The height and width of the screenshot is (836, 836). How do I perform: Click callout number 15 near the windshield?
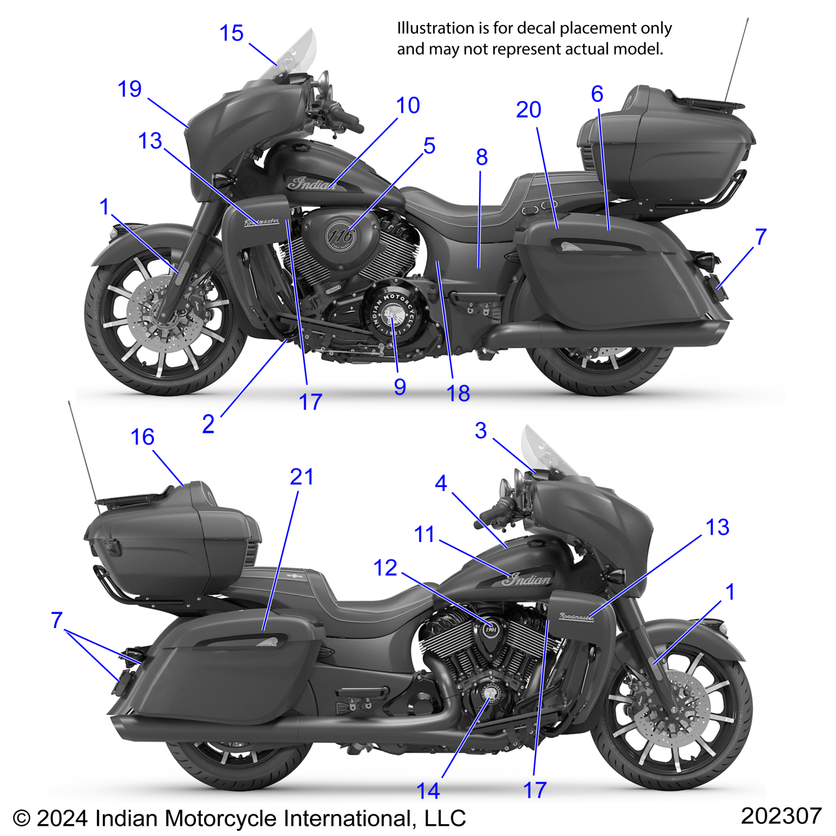pyautogui.click(x=231, y=33)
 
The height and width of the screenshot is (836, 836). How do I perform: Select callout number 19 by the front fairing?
pyautogui.click(x=129, y=89)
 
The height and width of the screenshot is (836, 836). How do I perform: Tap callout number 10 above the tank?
pyautogui.click(x=408, y=105)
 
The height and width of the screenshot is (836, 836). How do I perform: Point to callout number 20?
pyautogui.click(x=528, y=110)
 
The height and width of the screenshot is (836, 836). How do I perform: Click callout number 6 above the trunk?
pyautogui.click(x=597, y=94)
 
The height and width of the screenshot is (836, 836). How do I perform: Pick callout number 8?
pyautogui.click(x=481, y=157)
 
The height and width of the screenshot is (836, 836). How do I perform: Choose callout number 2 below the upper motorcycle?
pyautogui.click(x=208, y=424)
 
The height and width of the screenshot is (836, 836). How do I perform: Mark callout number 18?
pyautogui.click(x=458, y=393)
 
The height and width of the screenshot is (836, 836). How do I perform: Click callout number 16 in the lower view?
pyautogui.click(x=143, y=437)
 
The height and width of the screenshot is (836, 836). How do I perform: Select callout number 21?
pyautogui.click(x=301, y=477)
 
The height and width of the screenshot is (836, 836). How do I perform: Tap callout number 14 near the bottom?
pyautogui.click(x=428, y=791)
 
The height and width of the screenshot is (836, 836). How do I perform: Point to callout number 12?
pyautogui.click(x=385, y=568)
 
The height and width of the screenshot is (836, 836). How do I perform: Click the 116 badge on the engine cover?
pyautogui.click(x=341, y=236)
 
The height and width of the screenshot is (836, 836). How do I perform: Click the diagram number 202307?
pyautogui.click(x=780, y=816)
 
